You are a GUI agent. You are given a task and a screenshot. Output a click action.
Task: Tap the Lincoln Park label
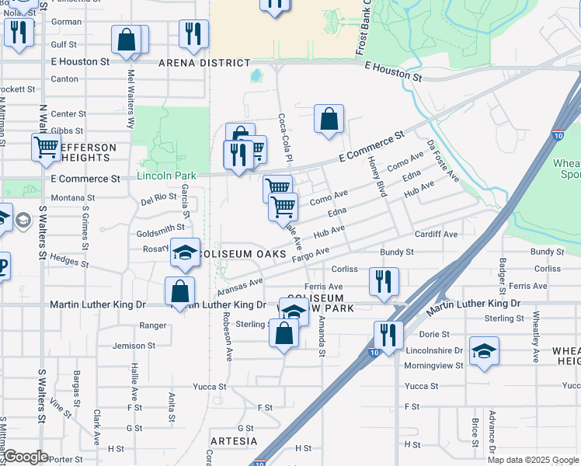(166, 176)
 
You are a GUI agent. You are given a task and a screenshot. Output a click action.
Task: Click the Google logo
(26, 457)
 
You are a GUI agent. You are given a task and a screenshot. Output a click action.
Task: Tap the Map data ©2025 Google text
(533, 460)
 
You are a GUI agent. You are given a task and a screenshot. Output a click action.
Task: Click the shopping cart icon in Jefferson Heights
(47, 146)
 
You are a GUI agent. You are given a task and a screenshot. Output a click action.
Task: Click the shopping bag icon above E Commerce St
(329, 119)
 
